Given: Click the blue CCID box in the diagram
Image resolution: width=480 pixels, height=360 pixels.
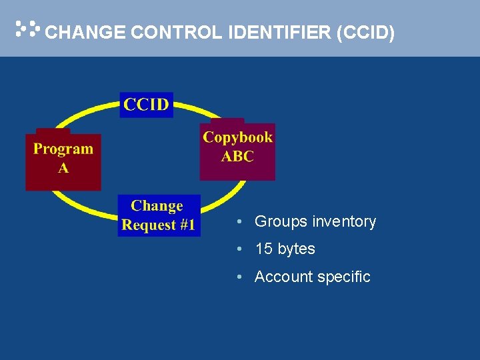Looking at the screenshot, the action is click(146, 105).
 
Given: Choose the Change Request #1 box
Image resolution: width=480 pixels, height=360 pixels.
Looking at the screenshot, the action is click(159, 215).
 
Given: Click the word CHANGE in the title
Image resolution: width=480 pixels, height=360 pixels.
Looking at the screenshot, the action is click(85, 33).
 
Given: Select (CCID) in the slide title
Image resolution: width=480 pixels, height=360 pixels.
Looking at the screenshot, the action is click(366, 33).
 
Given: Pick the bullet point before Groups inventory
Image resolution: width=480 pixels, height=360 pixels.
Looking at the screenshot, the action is click(239, 222).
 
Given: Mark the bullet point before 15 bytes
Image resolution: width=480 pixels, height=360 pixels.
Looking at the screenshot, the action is click(239, 249).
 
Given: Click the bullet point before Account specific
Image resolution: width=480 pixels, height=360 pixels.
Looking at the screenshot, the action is click(239, 277).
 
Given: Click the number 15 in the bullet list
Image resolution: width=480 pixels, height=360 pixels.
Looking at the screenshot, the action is click(264, 249).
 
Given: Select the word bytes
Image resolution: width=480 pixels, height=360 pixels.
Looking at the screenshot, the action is click(296, 250).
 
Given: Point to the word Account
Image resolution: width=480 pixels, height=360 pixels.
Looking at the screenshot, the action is click(281, 277).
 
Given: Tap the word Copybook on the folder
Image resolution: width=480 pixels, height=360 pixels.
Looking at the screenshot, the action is click(238, 137).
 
